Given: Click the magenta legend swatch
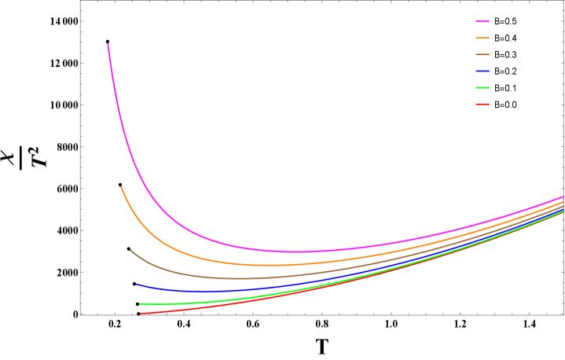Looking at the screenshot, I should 482,22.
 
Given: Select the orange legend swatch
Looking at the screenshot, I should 482,38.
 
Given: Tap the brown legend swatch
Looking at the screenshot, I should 482,55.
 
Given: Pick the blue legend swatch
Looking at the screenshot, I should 482,72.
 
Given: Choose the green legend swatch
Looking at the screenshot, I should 482,88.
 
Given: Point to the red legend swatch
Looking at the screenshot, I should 482,104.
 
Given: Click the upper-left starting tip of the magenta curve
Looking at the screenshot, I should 108,45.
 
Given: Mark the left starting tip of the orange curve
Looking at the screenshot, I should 121,187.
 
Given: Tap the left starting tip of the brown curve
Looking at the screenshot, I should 130,250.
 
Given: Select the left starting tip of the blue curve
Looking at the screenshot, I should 136,284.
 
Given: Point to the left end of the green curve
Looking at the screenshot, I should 140,303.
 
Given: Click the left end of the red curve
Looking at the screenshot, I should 141,314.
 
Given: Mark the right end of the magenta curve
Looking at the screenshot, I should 563,197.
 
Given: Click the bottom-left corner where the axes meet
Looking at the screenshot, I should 80,314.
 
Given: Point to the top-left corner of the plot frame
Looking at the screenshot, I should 80,1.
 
